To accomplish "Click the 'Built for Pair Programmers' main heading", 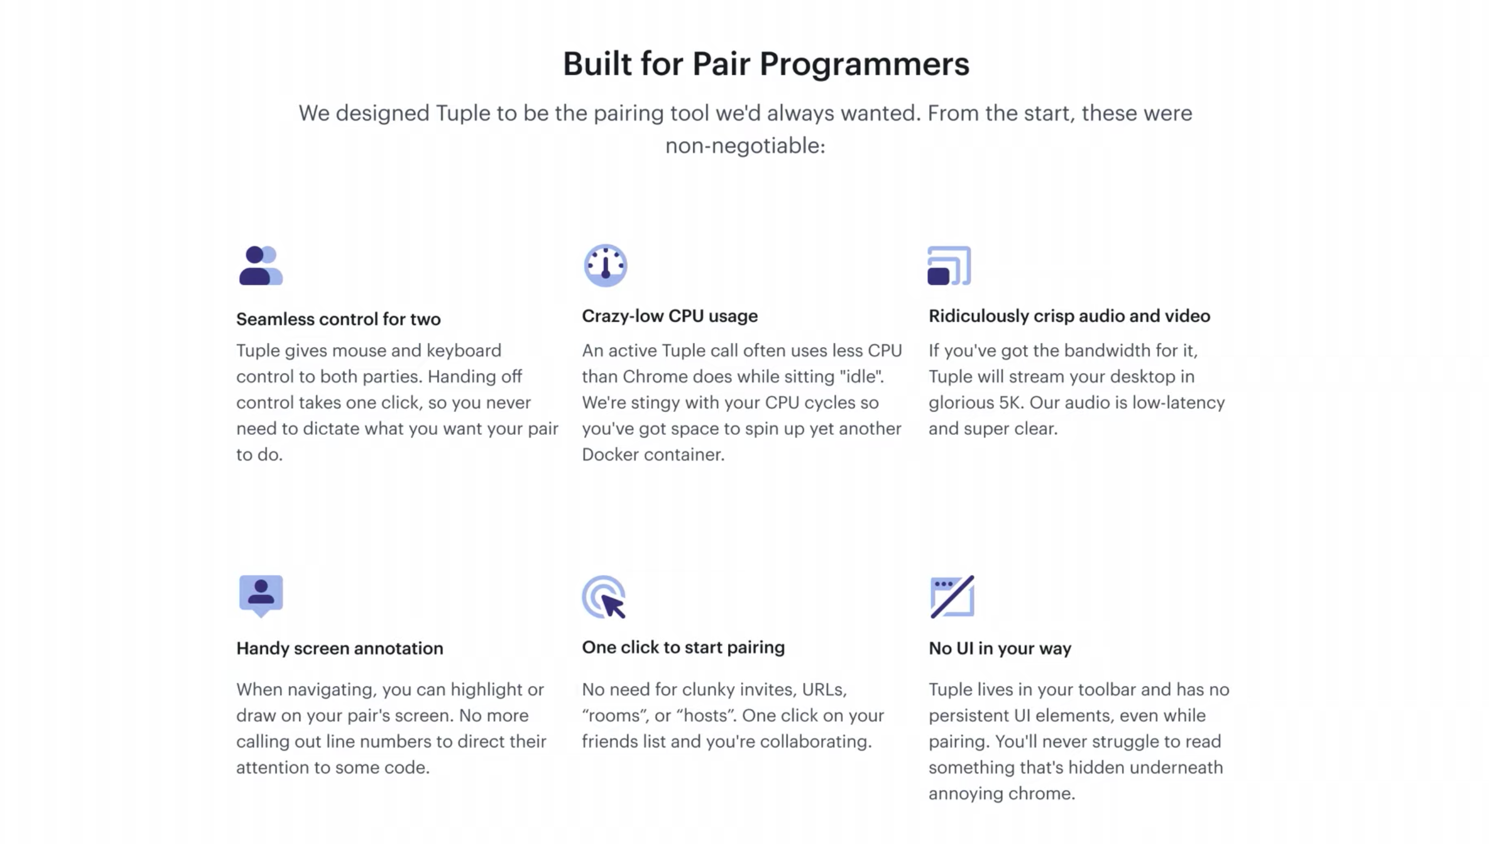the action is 766,64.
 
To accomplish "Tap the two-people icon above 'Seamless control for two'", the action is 261,266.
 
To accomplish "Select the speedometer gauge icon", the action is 605,266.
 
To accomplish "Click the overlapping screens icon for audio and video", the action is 949,266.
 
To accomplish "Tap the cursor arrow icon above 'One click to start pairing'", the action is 604,597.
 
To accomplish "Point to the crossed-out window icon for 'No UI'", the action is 952,597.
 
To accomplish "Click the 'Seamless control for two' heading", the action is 338,320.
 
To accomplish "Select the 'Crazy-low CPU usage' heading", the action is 670,316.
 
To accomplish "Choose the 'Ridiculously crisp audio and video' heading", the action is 1069,316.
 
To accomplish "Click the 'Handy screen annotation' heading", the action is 340,648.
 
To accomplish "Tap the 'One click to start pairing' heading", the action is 683,647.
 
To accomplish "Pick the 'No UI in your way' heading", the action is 1000,648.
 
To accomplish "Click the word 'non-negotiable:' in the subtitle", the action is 745,145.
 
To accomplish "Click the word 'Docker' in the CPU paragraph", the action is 611,455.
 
